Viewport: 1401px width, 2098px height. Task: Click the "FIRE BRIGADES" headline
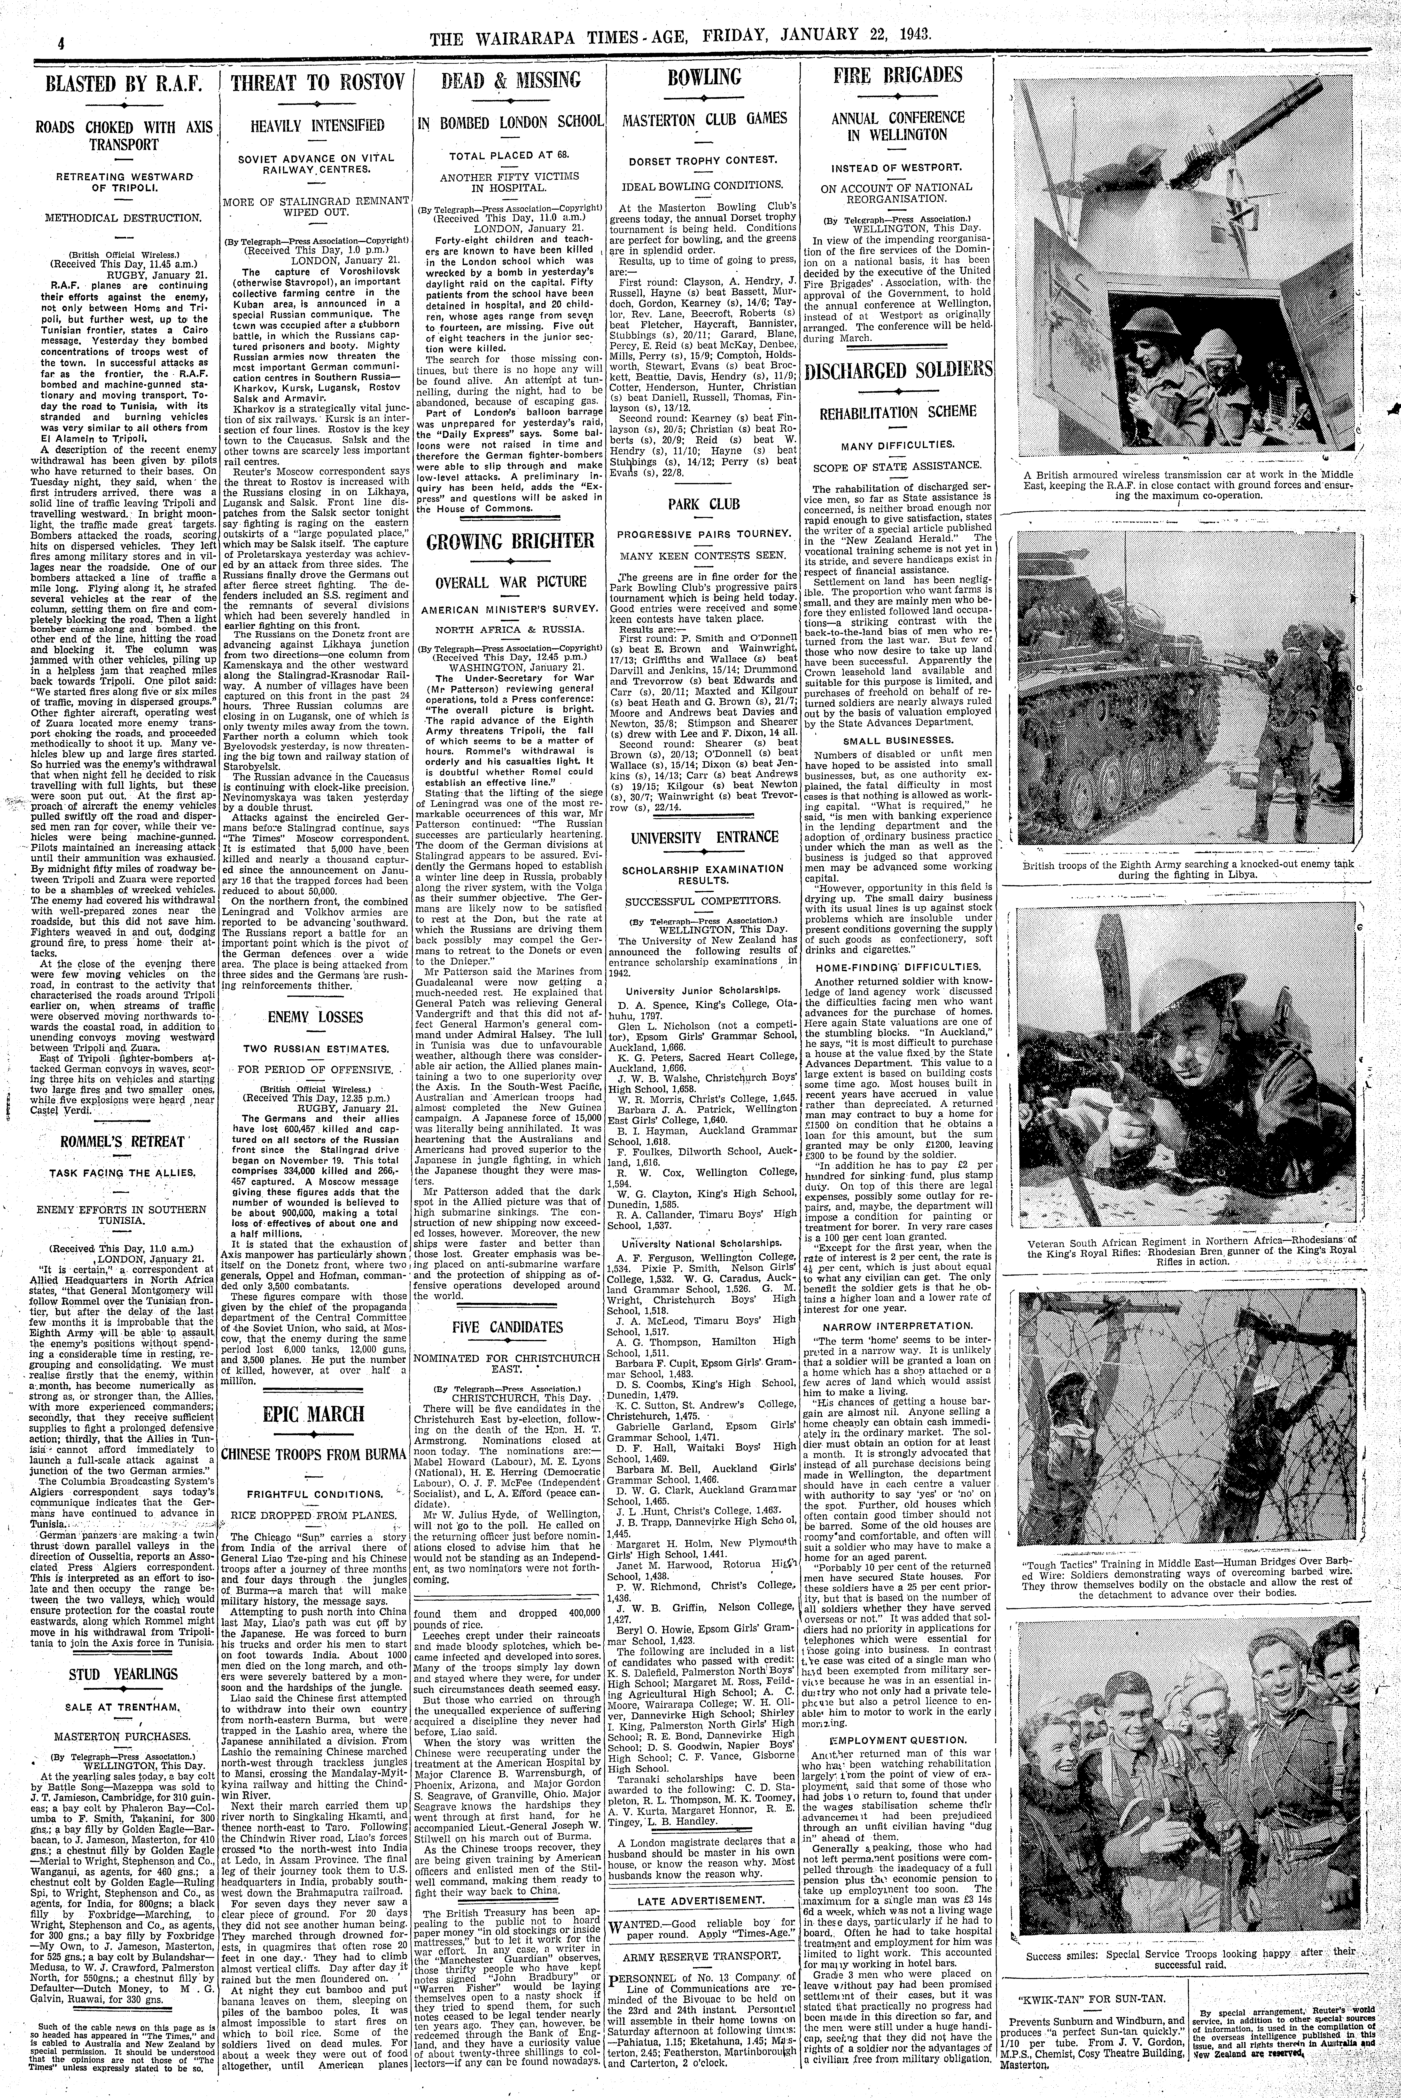[898, 75]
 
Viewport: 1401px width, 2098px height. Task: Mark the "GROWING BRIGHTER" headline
[511, 541]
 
